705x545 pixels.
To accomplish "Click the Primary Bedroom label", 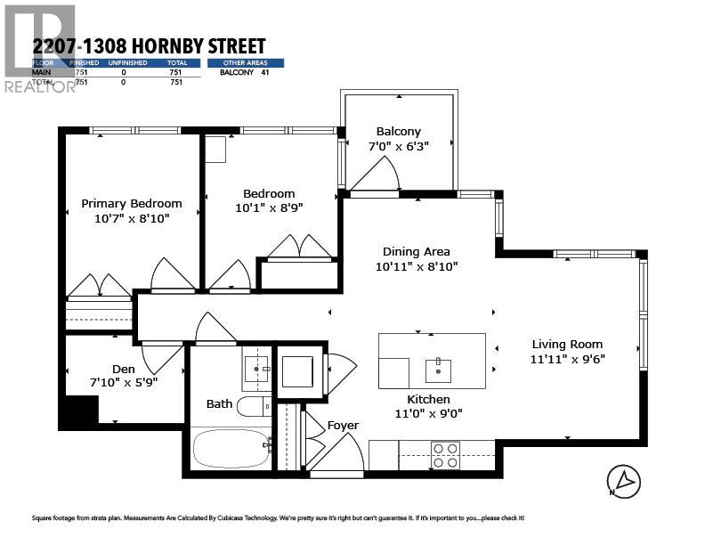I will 131,203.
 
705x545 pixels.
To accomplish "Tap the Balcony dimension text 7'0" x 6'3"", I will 398,146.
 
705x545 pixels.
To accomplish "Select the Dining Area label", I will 416,251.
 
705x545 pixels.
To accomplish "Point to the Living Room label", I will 567,344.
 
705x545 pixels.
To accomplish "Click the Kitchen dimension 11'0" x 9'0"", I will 428,413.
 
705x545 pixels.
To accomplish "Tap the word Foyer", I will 343,425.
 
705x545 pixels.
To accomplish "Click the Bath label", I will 219,403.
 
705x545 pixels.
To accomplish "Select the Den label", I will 123,369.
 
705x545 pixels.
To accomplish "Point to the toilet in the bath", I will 255,407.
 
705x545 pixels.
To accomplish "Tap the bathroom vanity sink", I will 257,367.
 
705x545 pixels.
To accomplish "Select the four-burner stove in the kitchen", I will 444,454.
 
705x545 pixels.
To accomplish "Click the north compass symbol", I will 625,481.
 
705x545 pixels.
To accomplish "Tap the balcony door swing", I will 377,175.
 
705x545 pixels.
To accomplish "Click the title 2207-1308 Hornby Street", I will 149,45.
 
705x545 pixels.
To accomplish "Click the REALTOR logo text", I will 40,86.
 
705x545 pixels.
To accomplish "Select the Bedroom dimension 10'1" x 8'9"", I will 269,208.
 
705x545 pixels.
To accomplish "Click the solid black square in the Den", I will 81,411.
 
